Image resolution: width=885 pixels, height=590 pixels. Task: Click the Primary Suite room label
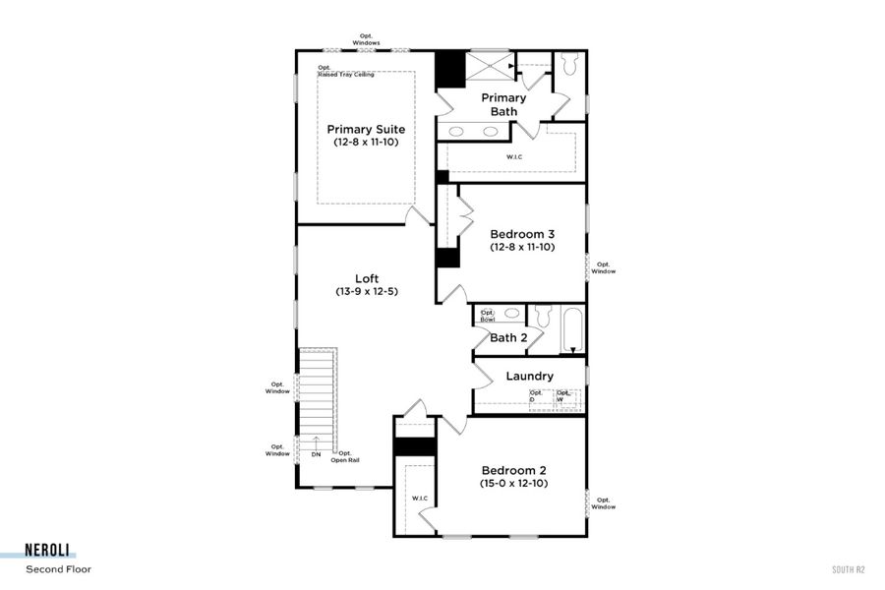[x=366, y=129]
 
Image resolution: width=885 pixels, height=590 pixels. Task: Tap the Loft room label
[x=367, y=278]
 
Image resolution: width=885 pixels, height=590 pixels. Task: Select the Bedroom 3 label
[x=522, y=234]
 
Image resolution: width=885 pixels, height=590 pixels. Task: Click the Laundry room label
[x=529, y=376]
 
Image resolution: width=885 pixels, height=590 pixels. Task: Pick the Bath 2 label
[x=508, y=337]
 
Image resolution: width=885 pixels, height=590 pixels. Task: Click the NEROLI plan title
[x=50, y=552]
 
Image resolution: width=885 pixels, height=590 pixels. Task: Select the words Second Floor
[x=58, y=568]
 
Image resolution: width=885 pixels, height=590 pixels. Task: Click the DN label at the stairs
[x=316, y=455]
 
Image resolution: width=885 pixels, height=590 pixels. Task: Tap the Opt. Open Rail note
[x=344, y=456]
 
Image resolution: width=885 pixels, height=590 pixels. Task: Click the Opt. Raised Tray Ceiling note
[x=345, y=72]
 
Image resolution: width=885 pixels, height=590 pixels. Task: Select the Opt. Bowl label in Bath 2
[x=487, y=316]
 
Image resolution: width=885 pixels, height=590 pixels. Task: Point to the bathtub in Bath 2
[x=572, y=331]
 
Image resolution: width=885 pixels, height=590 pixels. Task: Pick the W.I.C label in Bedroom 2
[x=418, y=498]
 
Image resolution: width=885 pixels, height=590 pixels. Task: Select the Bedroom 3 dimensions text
[x=522, y=248]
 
